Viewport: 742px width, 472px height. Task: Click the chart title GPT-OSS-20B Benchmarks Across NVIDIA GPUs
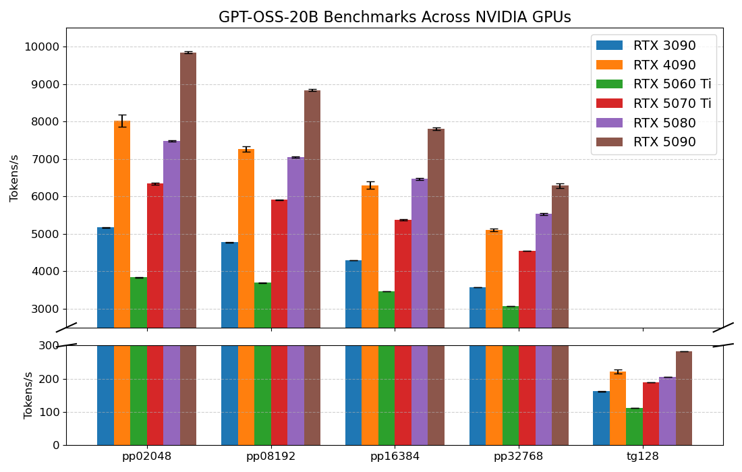pyautogui.click(x=395, y=18)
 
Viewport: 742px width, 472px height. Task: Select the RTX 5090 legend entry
pyautogui.click(x=664, y=142)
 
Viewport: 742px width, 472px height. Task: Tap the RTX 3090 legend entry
pyautogui.click(x=664, y=46)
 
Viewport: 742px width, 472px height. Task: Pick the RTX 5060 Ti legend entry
pyautogui.click(x=671, y=84)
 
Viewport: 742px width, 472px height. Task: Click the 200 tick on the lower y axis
pyautogui.click(x=49, y=379)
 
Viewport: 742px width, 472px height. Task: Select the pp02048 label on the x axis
pyautogui.click(x=146, y=456)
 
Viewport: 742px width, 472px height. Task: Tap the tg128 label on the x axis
pyautogui.click(x=642, y=456)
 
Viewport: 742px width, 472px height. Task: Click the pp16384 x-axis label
pyautogui.click(x=395, y=456)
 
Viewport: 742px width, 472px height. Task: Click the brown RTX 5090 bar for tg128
pyautogui.click(x=683, y=398)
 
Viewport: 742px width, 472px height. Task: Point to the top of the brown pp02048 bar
pyautogui.click(x=188, y=53)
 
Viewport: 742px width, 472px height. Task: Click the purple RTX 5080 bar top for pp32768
pyautogui.click(x=544, y=215)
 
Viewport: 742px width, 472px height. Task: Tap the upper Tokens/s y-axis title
pyautogui.click(x=15, y=178)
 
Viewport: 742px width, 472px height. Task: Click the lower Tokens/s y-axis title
pyautogui.click(x=29, y=395)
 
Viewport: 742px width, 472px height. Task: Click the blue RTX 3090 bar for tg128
pyautogui.click(x=601, y=418)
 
